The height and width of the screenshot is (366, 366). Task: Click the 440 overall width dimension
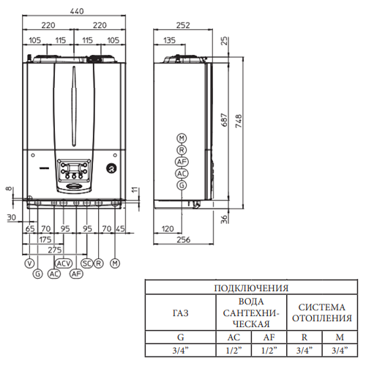point(77,11)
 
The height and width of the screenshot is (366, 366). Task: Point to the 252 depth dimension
point(183,25)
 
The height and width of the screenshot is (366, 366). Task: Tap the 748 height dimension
point(239,121)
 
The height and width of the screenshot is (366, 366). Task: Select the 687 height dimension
point(225,119)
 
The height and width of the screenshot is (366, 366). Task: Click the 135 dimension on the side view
point(169,40)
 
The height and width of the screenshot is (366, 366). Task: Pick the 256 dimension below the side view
point(184,239)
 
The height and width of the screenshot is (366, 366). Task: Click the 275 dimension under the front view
point(55,250)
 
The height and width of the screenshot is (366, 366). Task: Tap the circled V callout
point(29,264)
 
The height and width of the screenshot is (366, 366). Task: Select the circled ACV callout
point(64,264)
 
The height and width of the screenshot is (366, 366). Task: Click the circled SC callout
point(87,264)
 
